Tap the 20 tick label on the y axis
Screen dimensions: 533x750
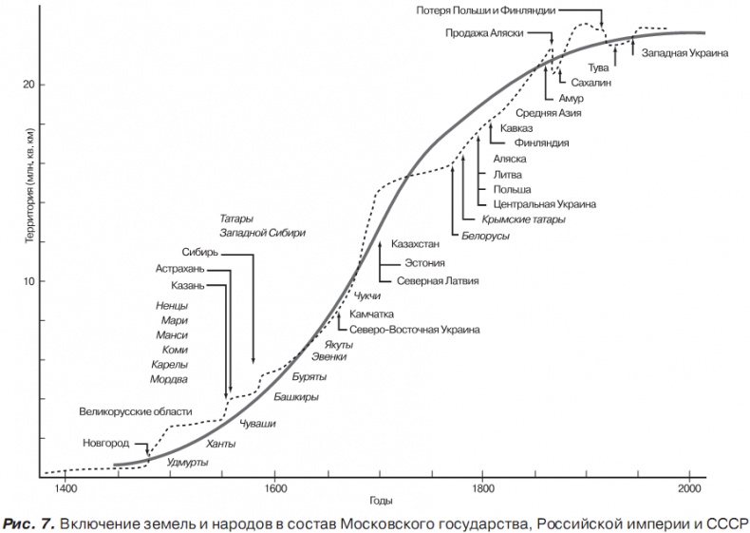point(29,85)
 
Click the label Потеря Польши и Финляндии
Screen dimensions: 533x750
point(485,11)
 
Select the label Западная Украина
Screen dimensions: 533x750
point(684,52)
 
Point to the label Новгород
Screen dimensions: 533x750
point(105,444)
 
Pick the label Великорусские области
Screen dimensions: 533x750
point(136,412)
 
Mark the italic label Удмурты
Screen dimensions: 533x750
point(187,463)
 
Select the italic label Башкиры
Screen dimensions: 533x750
point(295,396)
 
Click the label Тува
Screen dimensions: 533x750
point(598,68)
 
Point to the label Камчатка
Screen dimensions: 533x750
point(371,314)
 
